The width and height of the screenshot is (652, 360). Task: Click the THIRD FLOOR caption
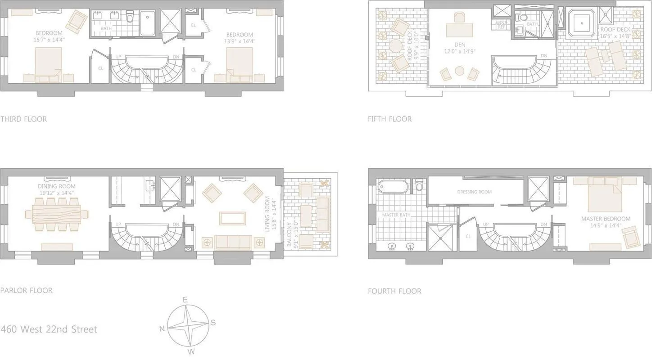23,119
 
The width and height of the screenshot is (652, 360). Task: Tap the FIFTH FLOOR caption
389,119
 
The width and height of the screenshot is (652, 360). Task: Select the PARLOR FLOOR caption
27,290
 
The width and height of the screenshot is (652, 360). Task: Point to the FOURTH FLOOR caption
394,291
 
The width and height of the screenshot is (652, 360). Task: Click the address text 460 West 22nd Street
49,329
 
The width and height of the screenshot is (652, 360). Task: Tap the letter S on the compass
213,322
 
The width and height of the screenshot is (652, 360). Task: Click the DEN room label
460,45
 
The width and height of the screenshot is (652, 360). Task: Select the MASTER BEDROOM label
606,219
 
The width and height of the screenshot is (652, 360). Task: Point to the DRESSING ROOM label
474,192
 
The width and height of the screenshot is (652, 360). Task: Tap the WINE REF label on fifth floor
501,24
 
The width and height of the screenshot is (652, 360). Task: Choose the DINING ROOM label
57,186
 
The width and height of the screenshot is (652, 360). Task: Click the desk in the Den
460,30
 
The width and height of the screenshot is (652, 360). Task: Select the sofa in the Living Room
233,242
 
